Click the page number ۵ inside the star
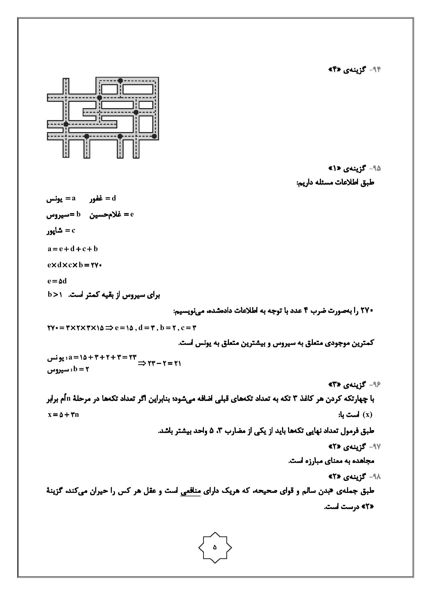click(215, 547)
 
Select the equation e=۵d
click(57, 281)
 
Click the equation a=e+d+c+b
click(72, 249)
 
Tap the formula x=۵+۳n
click(63, 415)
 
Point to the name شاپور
click(54, 231)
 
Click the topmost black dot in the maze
click(120, 80)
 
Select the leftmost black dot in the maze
click(66, 124)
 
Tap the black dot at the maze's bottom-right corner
click(154, 136)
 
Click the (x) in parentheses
click(367, 415)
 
